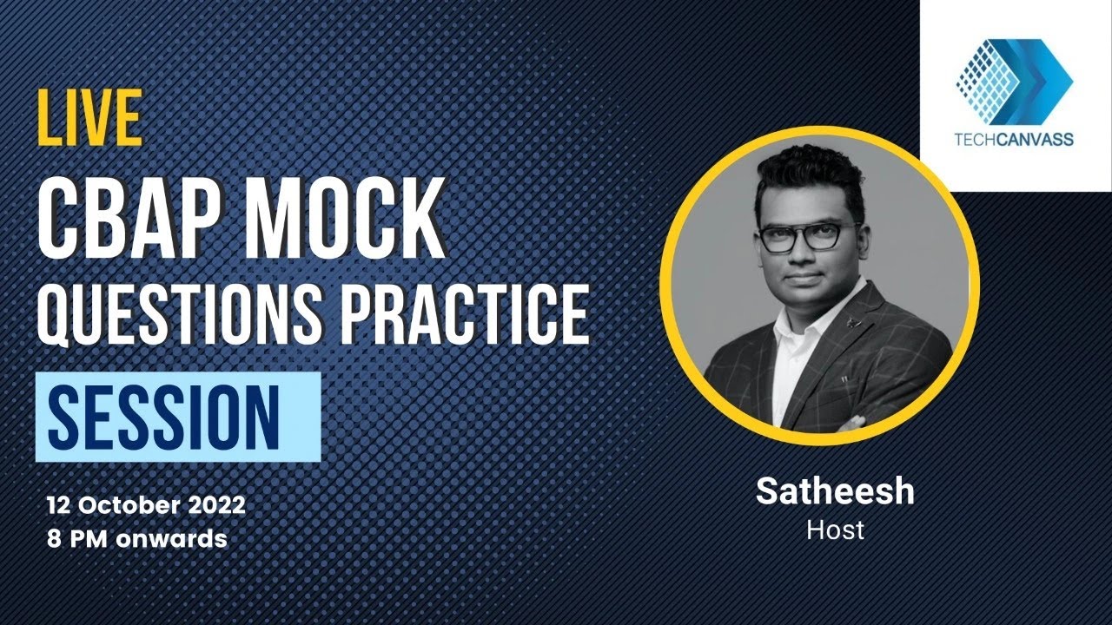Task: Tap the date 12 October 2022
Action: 147,504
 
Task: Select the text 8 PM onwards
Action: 137,539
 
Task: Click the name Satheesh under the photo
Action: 835,491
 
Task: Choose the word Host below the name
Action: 835,530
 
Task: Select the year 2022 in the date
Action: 212,504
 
